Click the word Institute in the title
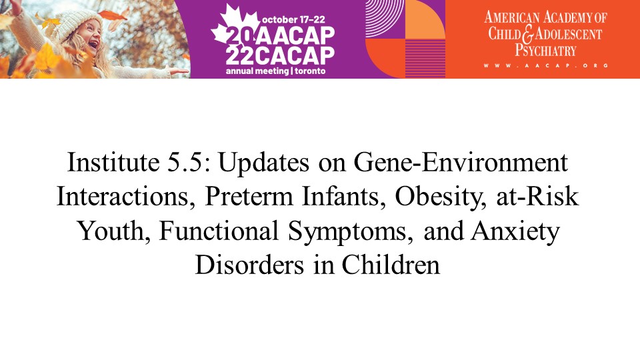click(113, 163)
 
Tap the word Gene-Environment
click(461, 163)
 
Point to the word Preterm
click(249, 196)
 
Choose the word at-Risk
click(537, 196)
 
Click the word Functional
click(219, 231)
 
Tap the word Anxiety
click(515, 232)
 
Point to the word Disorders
click(249, 265)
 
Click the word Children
click(391, 265)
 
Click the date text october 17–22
click(293, 19)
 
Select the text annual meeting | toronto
click(276, 71)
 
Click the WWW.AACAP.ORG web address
click(546, 65)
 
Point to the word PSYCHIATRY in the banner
click(545, 50)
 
